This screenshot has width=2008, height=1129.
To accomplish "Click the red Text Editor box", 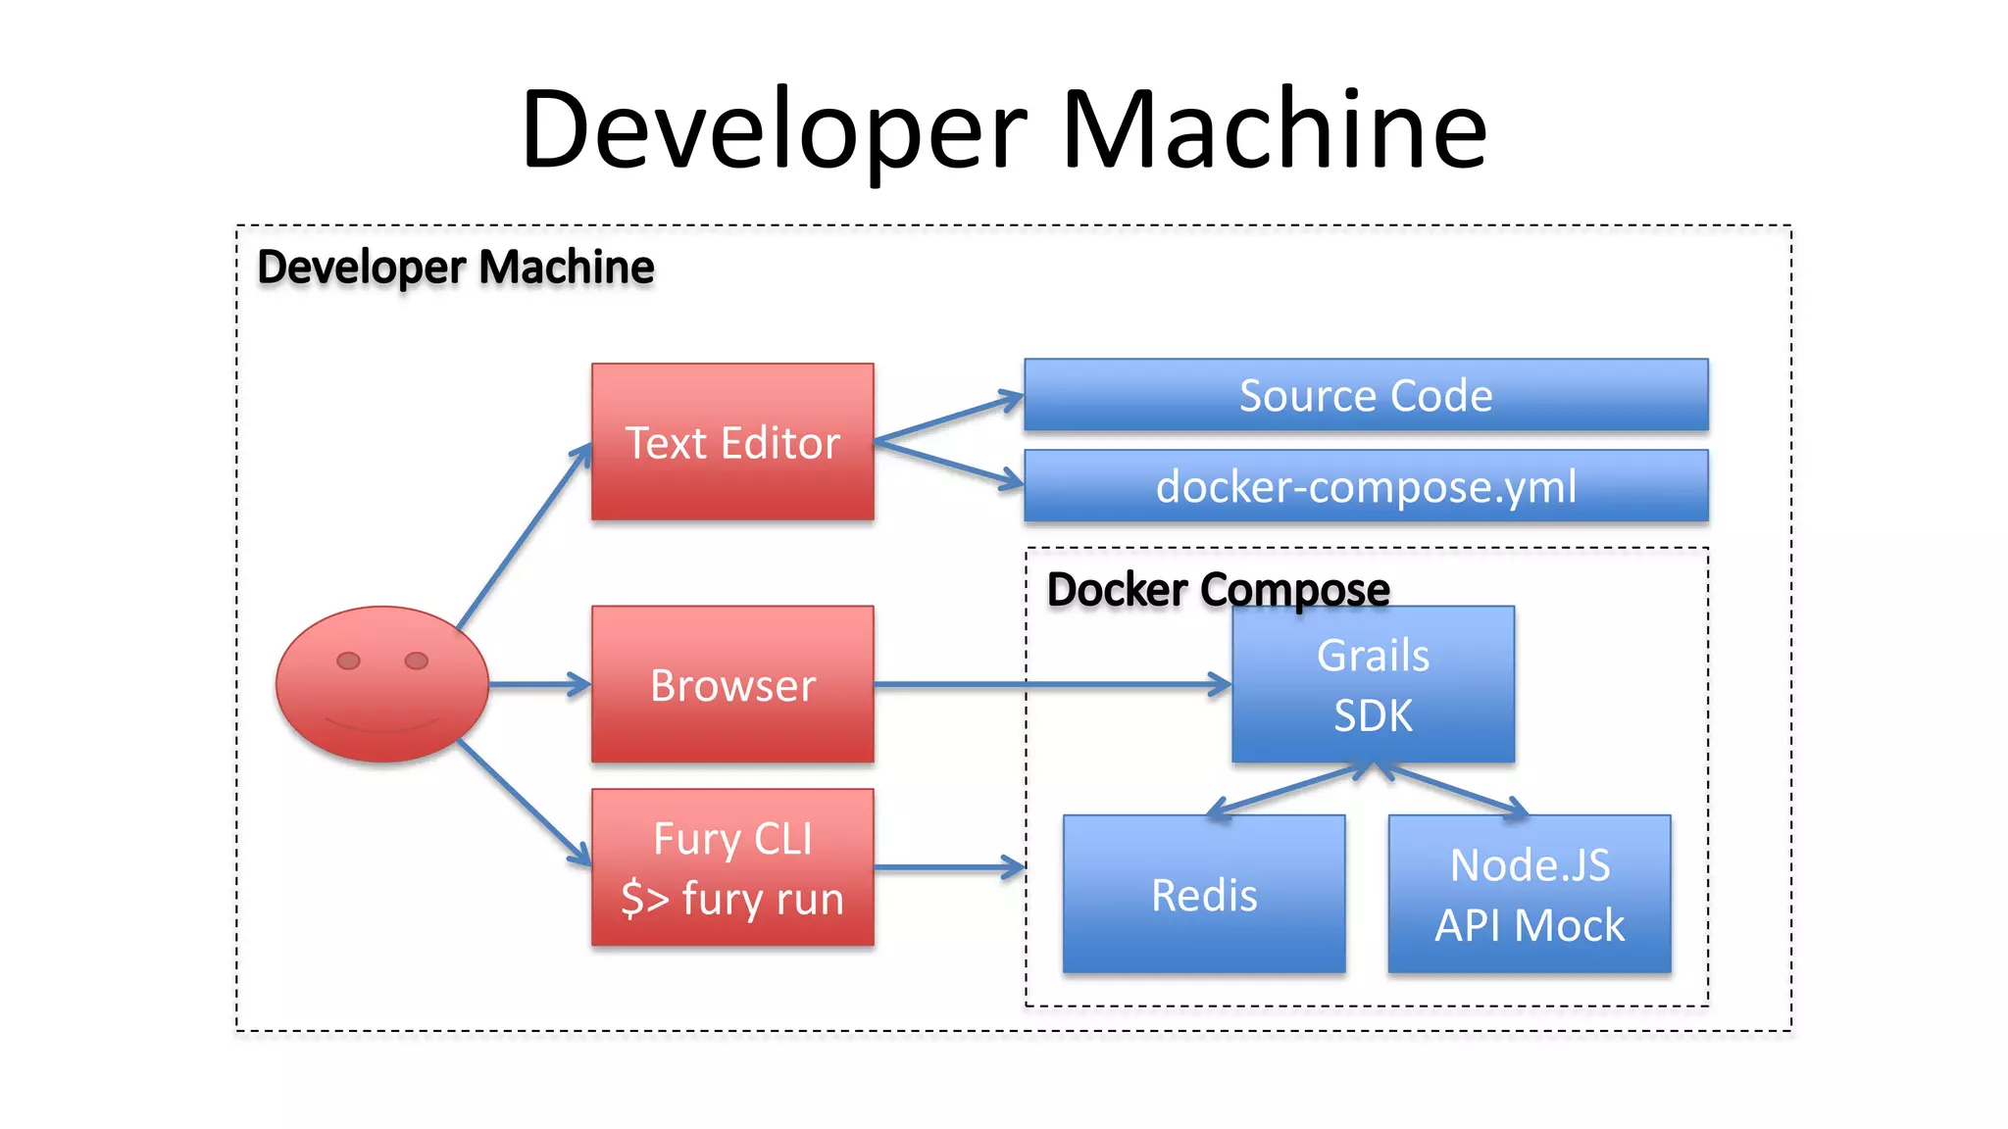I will point(732,442).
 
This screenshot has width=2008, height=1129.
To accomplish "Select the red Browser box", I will point(732,684).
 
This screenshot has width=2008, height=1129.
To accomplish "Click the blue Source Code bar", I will point(1366,395).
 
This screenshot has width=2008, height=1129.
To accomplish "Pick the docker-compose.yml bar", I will point(1366,486).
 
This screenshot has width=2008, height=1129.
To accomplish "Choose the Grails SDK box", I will point(1373,684).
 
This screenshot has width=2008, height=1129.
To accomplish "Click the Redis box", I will point(1204,894).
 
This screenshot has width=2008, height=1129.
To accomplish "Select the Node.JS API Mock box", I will point(1530,894).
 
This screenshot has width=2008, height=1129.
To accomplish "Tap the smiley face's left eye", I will point(348,661).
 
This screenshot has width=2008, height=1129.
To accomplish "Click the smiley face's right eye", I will point(417,661).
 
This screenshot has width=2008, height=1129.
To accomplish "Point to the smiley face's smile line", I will point(382,728).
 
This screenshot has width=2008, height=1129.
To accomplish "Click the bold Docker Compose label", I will point(1218,589).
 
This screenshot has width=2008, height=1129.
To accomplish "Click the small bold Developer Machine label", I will point(455,267).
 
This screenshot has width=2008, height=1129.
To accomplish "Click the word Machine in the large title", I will point(1275,129).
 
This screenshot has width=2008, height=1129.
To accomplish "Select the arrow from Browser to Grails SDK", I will point(1049,684).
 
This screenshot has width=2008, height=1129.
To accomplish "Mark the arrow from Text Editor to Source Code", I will point(946,418).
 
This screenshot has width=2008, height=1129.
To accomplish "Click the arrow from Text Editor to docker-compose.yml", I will point(946,463).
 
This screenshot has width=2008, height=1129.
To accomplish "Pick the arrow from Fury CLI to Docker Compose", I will point(947,867).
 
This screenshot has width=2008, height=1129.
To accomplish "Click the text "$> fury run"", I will point(732,899).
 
